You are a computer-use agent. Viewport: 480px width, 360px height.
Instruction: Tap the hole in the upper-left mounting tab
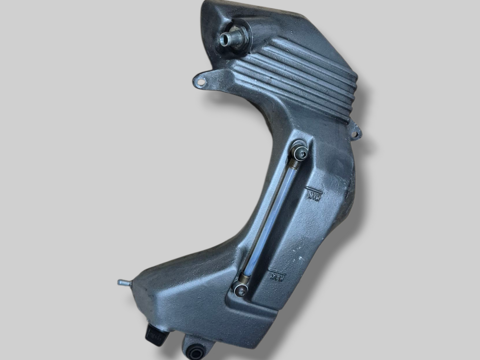[x=201, y=82]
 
